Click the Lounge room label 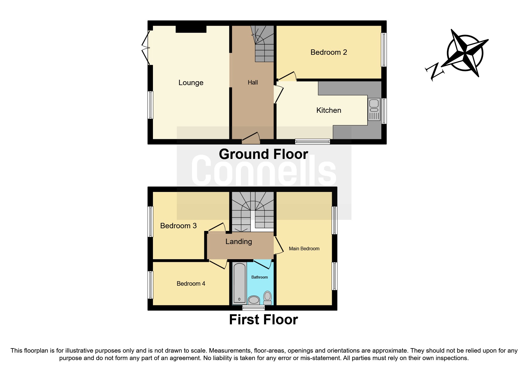click(x=191, y=83)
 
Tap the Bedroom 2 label click(x=329, y=52)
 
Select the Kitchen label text click(x=329, y=110)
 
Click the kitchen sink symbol click(x=374, y=110)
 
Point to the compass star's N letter click(x=434, y=71)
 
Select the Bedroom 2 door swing click(x=288, y=76)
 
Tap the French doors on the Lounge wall click(x=146, y=48)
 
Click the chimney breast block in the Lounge click(x=191, y=29)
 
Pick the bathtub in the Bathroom click(x=239, y=283)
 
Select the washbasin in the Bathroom click(x=254, y=300)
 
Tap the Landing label click(x=239, y=242)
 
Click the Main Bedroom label click(x=304, y=249)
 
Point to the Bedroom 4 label click(x=191, y=284)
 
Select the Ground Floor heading click(x=263, y=154)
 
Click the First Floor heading click(x=263, y=320)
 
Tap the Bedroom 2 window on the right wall click(x=384, y=49)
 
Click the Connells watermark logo click(x=264, y=171)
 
